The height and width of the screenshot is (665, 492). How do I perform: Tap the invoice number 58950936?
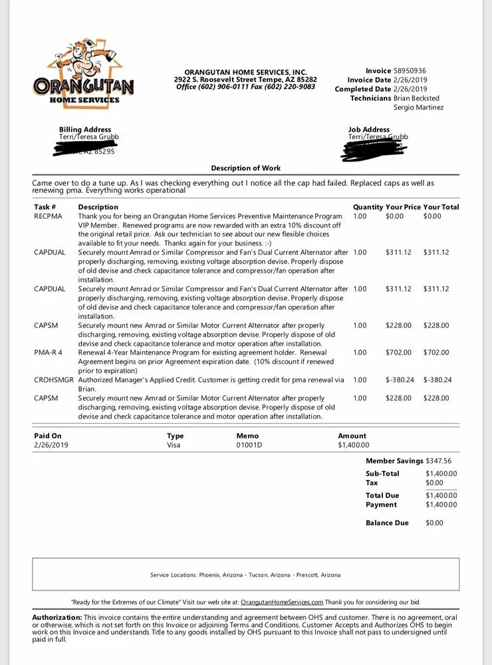coord(410,71)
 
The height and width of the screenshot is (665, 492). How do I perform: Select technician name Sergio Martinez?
coord(418,108)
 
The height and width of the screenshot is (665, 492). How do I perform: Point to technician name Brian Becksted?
coord(416,98)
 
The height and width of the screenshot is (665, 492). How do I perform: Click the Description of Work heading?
coord(246,168)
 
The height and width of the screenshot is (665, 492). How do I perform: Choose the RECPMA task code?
coord(48,216)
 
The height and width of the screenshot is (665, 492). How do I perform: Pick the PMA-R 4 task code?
coord(48,352)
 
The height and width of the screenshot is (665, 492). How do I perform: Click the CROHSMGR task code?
coord(54,380)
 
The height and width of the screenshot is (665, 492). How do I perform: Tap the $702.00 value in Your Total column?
coord(436,352)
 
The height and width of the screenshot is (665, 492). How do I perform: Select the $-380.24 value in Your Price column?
coord(400,380)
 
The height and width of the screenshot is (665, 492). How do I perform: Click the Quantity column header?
coord(368,207)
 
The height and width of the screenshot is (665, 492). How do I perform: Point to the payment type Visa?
coord(174,446)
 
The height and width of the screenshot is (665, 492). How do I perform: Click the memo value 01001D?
coord(249,446)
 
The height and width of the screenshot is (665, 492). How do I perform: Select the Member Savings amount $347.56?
coord(439,461)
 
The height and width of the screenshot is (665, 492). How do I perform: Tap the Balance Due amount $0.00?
coord(434,523)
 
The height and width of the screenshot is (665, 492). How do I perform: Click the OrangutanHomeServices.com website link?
coord(282,602)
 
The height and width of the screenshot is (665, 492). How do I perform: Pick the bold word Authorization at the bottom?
coord(57,618)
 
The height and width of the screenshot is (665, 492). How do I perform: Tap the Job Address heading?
coord(369,130)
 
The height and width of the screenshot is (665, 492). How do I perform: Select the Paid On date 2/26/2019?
coord(51,446)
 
